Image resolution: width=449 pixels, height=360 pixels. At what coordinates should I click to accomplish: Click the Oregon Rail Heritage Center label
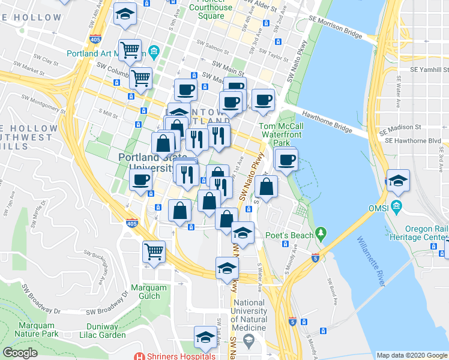[426, 233]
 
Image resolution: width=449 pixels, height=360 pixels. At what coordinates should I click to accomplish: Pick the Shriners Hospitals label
[180, 356]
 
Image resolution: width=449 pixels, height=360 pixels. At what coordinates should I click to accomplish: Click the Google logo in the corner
[20, 353]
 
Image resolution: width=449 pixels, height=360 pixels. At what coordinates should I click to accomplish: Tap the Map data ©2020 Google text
[411, 355]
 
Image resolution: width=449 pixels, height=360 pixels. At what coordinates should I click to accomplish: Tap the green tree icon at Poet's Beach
[322, 232]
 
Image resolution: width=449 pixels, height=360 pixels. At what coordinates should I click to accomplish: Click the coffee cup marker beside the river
[286, 160]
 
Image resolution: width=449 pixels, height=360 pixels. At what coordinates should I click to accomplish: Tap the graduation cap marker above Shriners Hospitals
[205, 337]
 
